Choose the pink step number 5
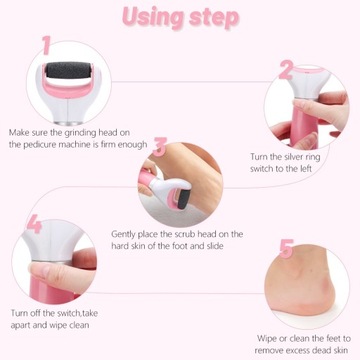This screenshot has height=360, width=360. [x=286, y=249]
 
